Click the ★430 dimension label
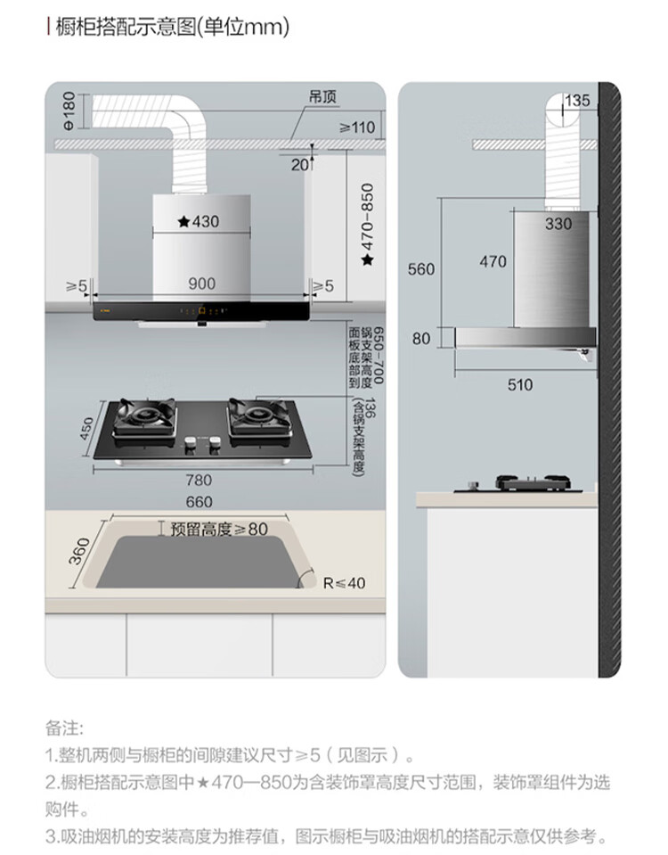tap(198, 221)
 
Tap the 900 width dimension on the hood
tap(201, 284)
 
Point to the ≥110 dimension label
tap(357, 127)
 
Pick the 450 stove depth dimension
tap(86, 430)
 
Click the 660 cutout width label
tap(199, 502)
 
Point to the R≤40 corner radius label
tap(344, 583)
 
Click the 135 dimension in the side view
tap(577, 101)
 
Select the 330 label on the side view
tap(558, 224)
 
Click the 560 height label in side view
tap(421, 268)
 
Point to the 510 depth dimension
tap(519, 384)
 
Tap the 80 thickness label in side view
tap(421, 338)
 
